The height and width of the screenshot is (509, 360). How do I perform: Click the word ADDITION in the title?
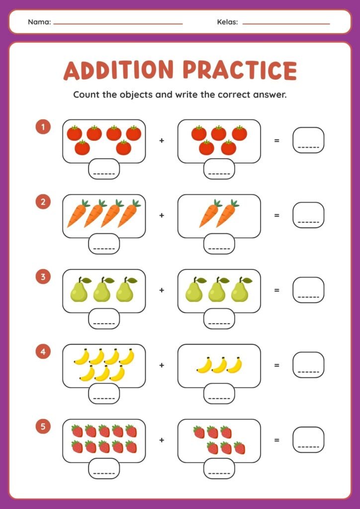119,70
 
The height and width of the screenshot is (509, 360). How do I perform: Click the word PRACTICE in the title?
240,70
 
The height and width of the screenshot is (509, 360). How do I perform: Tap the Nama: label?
40,22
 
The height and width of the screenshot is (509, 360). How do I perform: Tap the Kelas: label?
228,22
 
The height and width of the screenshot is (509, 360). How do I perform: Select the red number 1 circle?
43,127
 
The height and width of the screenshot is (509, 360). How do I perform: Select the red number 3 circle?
43,277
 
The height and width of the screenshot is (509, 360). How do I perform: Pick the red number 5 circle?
43,427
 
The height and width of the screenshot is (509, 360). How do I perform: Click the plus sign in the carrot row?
162,215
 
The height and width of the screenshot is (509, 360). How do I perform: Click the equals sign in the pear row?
276,290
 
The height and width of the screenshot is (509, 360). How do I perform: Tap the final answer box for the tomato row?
308,140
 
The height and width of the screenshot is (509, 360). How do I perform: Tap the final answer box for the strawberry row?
308,440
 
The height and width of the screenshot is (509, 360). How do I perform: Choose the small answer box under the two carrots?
219,244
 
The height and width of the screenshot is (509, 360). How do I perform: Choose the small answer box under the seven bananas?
104,394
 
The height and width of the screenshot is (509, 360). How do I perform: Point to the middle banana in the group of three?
220,365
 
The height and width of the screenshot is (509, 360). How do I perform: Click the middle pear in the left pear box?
103,290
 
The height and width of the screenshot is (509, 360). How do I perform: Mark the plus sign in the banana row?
162,365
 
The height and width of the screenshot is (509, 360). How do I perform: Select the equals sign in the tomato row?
276,141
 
